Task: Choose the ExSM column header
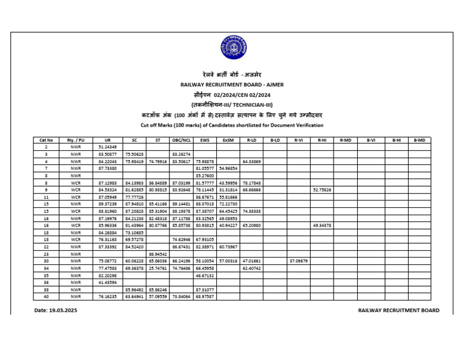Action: click(228, 140)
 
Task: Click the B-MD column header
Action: click(419, 140)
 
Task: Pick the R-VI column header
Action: click(298, 140)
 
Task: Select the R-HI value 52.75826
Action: click(322, 190)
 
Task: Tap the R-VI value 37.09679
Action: click(298, 261)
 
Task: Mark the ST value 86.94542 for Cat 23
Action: click(157, 254)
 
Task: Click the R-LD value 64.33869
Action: click(251, 162)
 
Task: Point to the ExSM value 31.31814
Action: click(228, 190)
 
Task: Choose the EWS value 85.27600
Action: click(204, 176)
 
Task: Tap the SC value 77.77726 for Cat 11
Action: click(134, 197)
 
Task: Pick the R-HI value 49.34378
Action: click(322, 225)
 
